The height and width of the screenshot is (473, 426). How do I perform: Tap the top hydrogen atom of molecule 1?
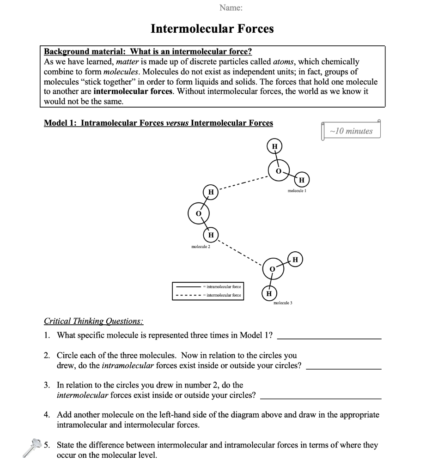click(x=274, y=146)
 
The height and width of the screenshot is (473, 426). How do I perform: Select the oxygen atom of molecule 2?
click(x=199, y=213)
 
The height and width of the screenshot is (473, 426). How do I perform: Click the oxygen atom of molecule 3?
click(x=273, y=268)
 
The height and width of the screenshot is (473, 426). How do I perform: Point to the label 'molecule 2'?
click(x=201, y=247)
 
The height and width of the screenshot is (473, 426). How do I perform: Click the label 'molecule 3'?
click(x=283, y=303)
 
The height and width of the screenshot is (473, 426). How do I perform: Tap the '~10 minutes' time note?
click(x=351, y=131)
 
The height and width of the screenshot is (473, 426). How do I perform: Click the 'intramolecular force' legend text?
click(x=223, y=286)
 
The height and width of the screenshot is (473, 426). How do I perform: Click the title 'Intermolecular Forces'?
click(x=212, y=29)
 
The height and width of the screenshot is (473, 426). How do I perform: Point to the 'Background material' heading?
click(x=148, y=51)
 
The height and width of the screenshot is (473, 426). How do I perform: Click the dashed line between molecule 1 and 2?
click(x=243, y=183)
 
